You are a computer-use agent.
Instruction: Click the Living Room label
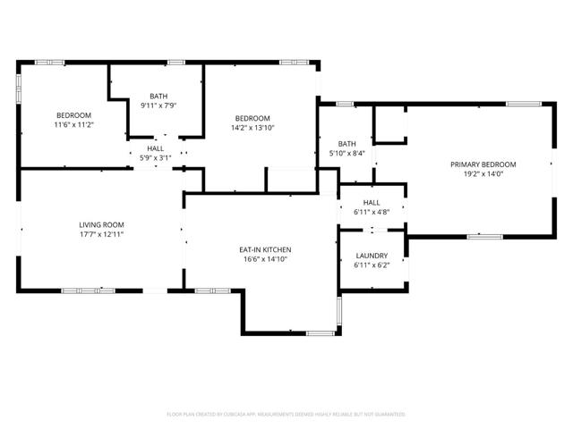(x=101, y=224)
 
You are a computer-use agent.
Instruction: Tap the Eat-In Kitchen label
(x=264, y=249)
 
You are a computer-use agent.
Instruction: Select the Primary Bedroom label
(x=483, y=164)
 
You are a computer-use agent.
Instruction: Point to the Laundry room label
(x=372, y=256)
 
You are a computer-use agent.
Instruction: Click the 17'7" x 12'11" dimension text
(x=101, y=234)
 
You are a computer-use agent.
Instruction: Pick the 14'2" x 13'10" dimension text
(x=253, y=128)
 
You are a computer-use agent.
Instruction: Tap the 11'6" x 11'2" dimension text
(x=74, y=125)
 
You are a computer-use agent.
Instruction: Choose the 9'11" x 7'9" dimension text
(x=158, y=105)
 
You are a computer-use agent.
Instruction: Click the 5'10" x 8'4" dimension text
(x=347, y=154)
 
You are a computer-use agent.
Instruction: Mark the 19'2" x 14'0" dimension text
(x=483, y=174)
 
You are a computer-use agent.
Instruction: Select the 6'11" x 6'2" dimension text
(x=372, y=265)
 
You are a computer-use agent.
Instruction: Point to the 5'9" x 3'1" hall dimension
(x=156, y=158)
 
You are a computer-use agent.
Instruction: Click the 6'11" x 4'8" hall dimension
(x=372, y=213)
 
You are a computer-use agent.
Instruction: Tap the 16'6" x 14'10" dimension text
(x=264, y=259)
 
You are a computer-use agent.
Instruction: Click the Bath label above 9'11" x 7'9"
(x=158, y=96)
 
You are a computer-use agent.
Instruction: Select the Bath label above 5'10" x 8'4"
(x=347, y=144)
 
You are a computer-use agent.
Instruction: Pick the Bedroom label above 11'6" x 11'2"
(x=74, y=115)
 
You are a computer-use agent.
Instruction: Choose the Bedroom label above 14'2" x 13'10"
(x=253, y=118)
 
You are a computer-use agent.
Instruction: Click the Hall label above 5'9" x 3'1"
(x=156, y=148)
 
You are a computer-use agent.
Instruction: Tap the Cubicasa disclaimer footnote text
(x=286, y=415)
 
